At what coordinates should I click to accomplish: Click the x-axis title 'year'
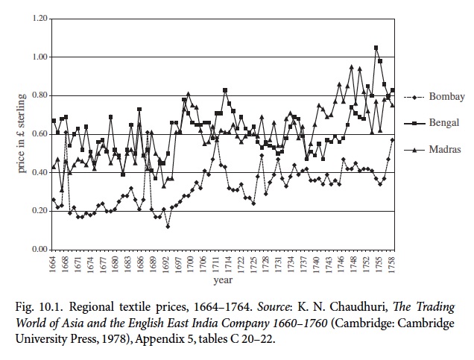click(222, 282)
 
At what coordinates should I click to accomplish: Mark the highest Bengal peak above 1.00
click(376, 48)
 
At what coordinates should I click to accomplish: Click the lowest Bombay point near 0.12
click(168, 226)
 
